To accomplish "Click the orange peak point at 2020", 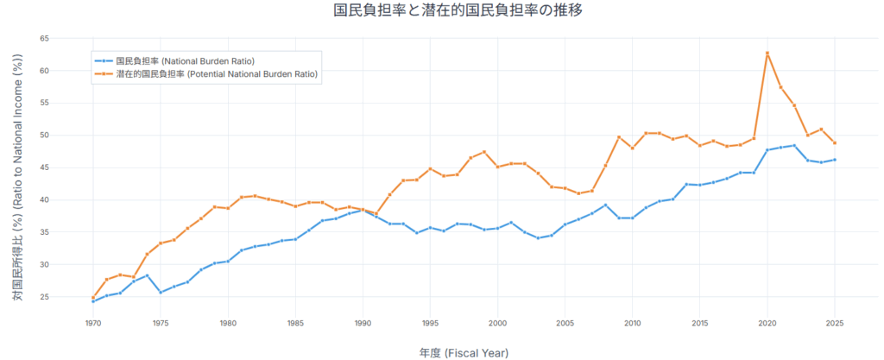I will pos(767,54).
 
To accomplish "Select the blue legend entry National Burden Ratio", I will pos(185,60).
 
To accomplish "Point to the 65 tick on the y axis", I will pos(43,39).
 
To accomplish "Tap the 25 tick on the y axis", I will pos(43,297).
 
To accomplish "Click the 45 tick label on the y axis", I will pos(43,167).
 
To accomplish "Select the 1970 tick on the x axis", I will pos(93,323).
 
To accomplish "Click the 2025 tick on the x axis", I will pos(835,323).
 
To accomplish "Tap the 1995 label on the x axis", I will pos(430,323).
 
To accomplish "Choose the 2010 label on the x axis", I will pos(632,323).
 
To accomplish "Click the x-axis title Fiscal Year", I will pos(464,352).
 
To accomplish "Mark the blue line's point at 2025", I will pos(835,160).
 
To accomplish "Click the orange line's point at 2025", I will pos(835,143).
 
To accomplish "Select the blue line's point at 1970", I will pos(93,301).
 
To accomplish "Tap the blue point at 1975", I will pos(161,292).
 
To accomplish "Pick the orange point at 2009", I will pos(619,137).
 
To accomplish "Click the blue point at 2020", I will pos(767,150).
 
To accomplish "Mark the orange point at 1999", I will pos(483,152).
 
